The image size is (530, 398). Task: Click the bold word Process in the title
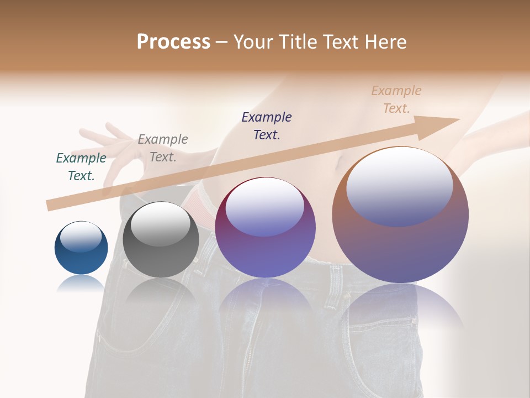click(x=173, y=42)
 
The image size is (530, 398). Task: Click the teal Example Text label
click(x=81, y=167)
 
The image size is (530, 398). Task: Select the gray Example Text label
click(x=163, y=148)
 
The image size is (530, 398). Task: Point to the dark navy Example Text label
click(x=267, y=125)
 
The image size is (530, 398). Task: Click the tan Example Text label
click(x=396, y=99)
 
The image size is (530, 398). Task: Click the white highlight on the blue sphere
click(x=81, y=237)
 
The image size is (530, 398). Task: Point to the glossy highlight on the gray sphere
click(x=161, y=224)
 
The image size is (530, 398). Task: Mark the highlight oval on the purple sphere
click(x=265, y=208)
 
